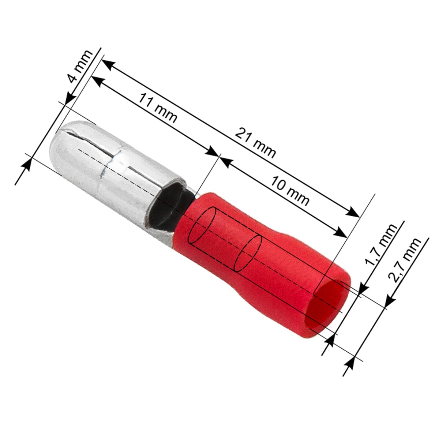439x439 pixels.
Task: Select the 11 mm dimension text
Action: tap(158, 108)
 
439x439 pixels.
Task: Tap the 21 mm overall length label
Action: tap(255, 143)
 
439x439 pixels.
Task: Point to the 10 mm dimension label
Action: tap(290, 190)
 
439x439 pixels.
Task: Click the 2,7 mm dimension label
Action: tap(404, 260)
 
